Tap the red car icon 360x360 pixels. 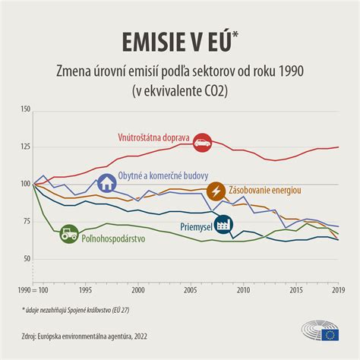coord(201,141)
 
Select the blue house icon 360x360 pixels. coord(106,183)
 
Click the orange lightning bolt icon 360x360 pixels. coord(216,191)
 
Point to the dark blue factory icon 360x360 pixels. coord(223,225)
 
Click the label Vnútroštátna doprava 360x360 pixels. coord(154,138)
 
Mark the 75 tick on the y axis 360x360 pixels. coord(27,222)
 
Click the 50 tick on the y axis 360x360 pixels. coord(27,259)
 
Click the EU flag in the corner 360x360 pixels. coord(330,335)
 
